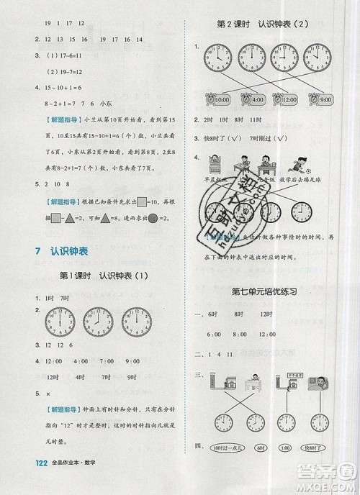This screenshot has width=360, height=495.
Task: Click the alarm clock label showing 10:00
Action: point(220,99)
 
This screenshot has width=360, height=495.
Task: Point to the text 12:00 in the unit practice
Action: point(266,334)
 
